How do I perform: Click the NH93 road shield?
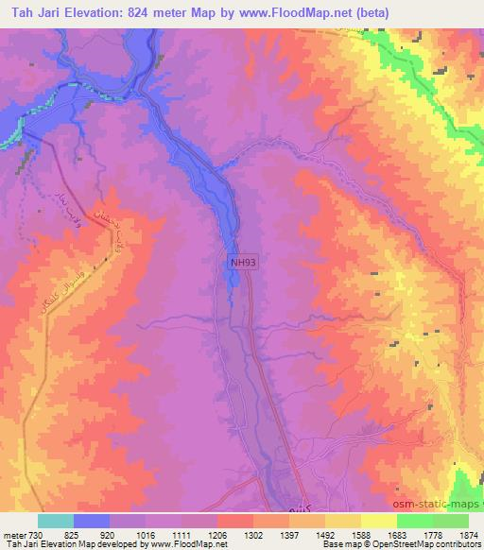(241, 265)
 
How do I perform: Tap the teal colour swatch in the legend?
(56, 521)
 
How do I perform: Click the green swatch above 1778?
(415, 521)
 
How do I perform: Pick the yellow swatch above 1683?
(379, 521)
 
